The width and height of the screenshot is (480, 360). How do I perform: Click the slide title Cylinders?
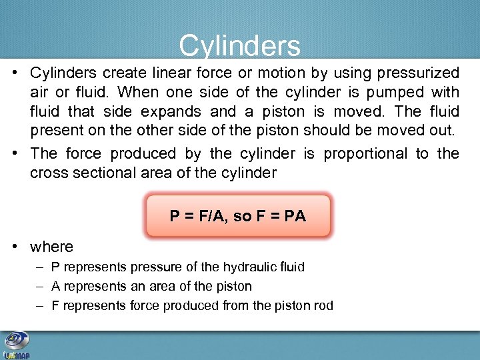click(x=239, y=46)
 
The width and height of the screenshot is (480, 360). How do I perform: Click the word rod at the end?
click(x=323, y=305)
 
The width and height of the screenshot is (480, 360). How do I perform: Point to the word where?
click(x=51, y=247)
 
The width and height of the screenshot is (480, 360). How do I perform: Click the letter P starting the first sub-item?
click(x=55, y=267)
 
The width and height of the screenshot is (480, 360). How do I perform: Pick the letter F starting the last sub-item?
click(x=55, y=305)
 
